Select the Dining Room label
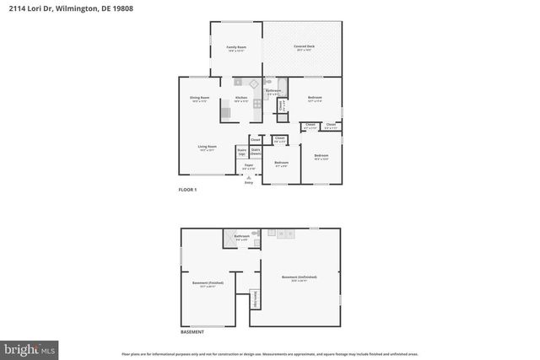coord(199,99)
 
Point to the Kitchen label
coord(241,99)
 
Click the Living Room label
coord(208,148)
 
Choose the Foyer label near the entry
coord(248,166)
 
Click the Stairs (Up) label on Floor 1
coord(241,153)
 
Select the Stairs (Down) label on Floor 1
coord(255,153)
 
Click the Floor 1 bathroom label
coord(273,91)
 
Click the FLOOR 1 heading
coord(186,190)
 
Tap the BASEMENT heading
coord(192,332)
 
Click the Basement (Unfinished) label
coord(300,277)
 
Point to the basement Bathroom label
coord(242,237)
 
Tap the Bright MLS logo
coord(30,347)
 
